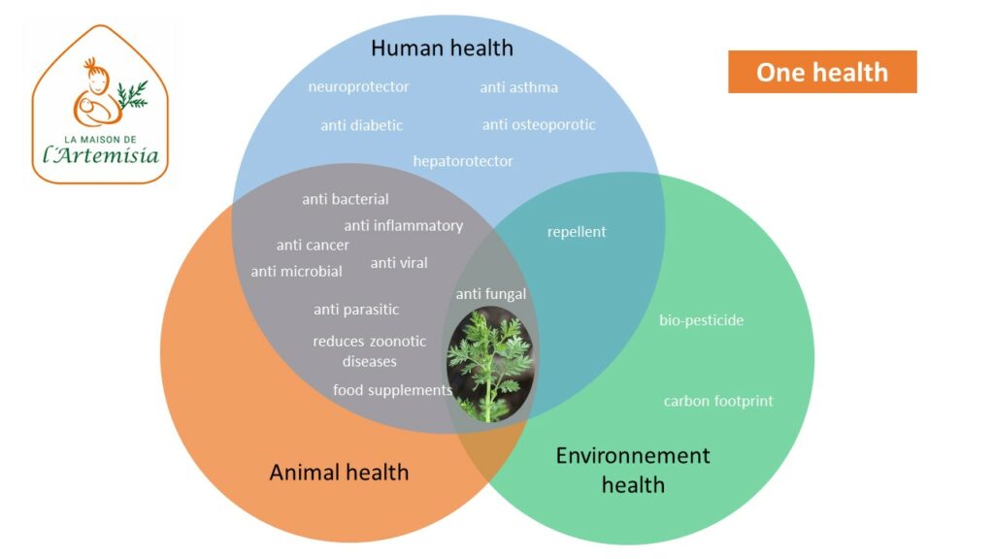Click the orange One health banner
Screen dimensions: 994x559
coord(822,72)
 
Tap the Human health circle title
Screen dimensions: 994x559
coord(442,49)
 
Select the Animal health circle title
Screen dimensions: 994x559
coord(339,473)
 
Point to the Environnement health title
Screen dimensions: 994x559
coord(633,470)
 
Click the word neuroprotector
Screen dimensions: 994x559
coord(359,86)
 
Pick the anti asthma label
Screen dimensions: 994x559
coord(518,86)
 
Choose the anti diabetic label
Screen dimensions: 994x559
coord(361,125)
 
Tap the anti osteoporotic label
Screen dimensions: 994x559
coord(539,125)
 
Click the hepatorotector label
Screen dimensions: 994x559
coord(463,161)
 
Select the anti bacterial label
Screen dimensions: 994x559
coord(346,199)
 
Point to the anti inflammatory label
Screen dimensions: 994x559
coord(403,225)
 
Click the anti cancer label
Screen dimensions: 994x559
coord(313,245)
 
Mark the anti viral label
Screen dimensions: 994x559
coord(399,262)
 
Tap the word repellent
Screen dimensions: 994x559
coord(577,232)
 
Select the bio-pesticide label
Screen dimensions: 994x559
coord(701,320)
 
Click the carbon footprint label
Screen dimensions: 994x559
coord(718,401)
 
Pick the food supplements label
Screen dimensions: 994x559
coord(392,390)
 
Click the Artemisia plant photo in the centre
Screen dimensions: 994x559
coord(490,364)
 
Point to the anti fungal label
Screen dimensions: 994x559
coord(490,294)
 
